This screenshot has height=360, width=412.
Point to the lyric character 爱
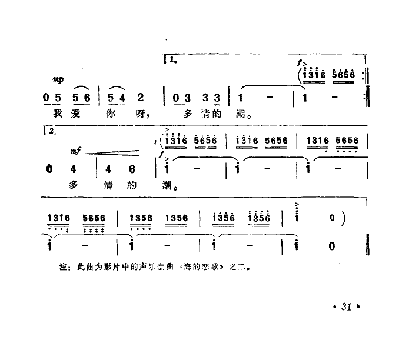click(75, 115)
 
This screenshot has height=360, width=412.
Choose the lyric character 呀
click(142, 115)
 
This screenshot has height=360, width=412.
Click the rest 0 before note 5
click(48, 96)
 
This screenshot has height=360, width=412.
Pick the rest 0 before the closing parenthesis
click(333, 219)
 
